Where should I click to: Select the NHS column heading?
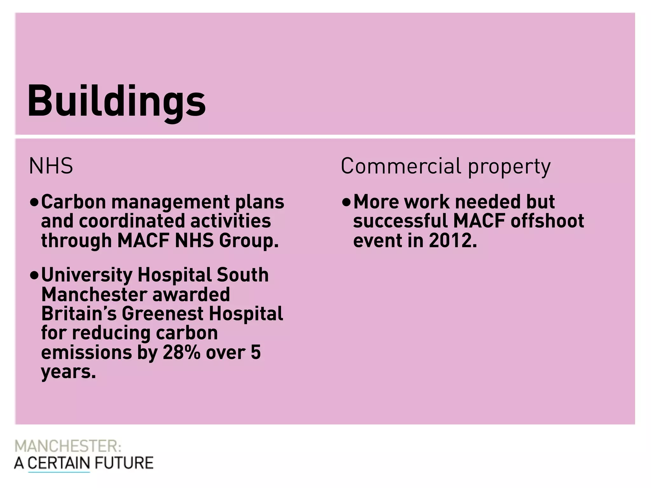pyautogui.click(x=51, y=166)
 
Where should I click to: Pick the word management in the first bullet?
pyautogui.click(x=170, y=202)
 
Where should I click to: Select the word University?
pyautogui.click(x=86, y=275)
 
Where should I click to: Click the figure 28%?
pyautogui.click(x=182, y=353)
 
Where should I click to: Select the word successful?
pyautogui.click(x=401, y=221)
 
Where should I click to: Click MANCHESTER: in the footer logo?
pyautogui.click(x=68, y=446)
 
